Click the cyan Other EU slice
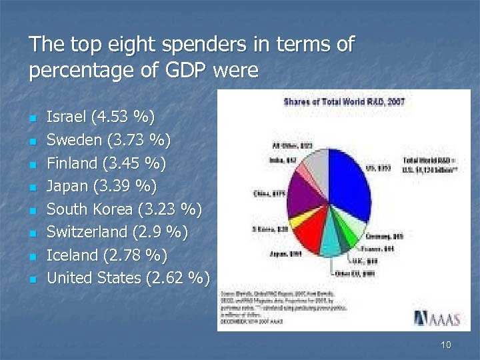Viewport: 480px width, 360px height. point(330,246)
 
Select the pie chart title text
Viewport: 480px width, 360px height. point(344,102)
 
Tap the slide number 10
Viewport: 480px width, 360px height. point(446,345)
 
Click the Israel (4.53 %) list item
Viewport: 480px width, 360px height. point(100,118)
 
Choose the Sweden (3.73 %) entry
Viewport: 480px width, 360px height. point(108,141)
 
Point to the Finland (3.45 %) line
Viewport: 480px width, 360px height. point(106,163)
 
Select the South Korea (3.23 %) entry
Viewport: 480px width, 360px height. point(124,209)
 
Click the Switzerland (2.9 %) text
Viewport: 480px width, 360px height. point(117,232)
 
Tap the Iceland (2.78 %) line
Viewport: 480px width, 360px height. point(107,255)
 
